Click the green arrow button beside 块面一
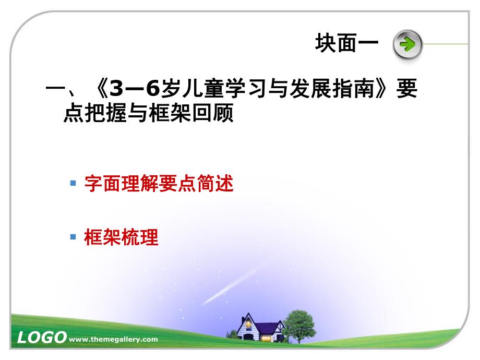(x=406, y=44)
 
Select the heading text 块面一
(x=346, y=43)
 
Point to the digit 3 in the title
(x=117, y=90)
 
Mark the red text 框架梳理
(x=121, y=238)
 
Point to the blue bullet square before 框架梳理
(x=73, y=237)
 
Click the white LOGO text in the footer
(x=41, y=338)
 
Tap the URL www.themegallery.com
(x=113, y=339)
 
